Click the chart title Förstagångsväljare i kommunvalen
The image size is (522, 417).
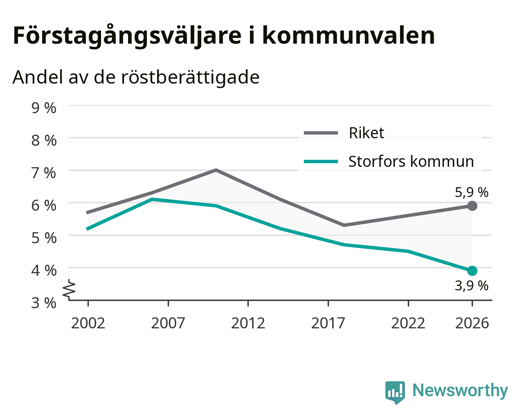224,36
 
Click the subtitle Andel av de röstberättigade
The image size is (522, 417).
136,77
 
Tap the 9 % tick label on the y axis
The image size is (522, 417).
44,108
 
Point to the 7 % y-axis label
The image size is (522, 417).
44,173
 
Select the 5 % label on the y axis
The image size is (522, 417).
44,238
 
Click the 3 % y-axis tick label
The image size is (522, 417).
44,303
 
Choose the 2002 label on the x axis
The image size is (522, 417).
88,323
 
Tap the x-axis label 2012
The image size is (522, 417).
248,323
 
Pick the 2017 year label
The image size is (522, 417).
328,323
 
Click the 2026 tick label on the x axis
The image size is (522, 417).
472,323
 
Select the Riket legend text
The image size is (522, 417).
367,133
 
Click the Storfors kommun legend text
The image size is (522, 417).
411,161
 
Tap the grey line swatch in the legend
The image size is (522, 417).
321,133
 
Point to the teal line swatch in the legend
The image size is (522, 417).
321,161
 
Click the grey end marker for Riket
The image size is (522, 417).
472,206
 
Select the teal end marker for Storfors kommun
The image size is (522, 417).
472,271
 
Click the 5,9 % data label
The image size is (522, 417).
472,193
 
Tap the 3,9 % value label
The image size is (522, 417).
472,286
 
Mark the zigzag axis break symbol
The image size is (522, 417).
69,289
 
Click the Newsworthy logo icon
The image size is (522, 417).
395,390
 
